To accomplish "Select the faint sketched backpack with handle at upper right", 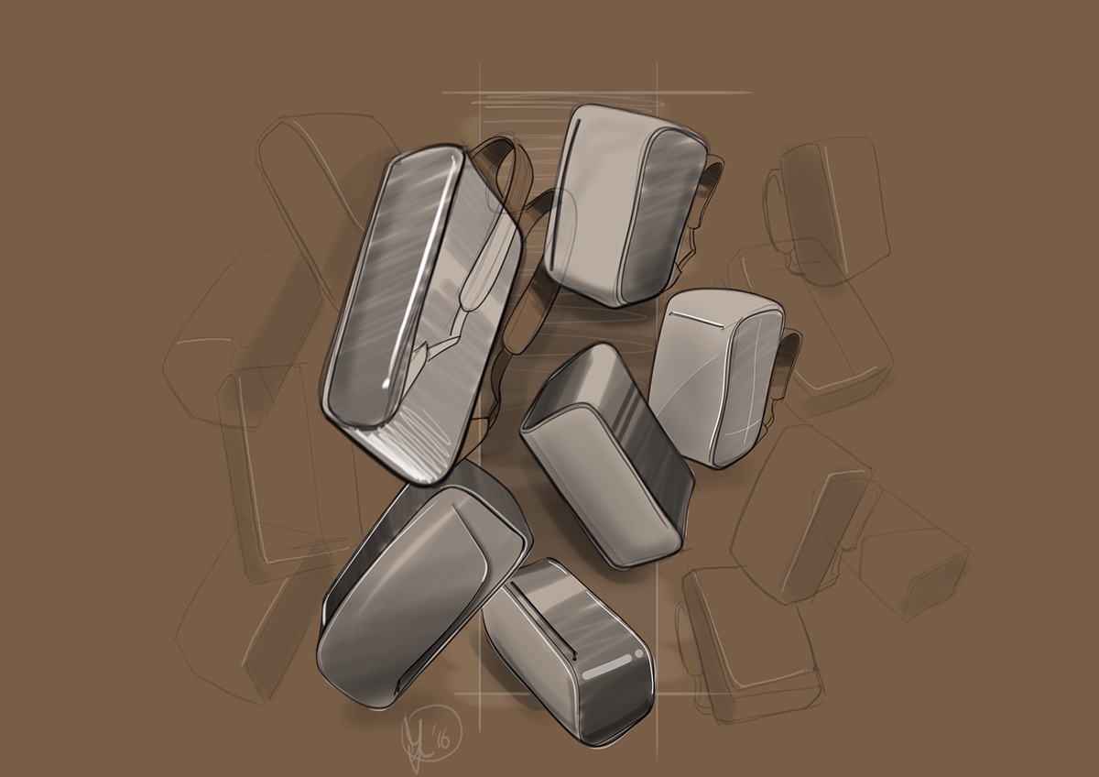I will (x=824, y=206).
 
